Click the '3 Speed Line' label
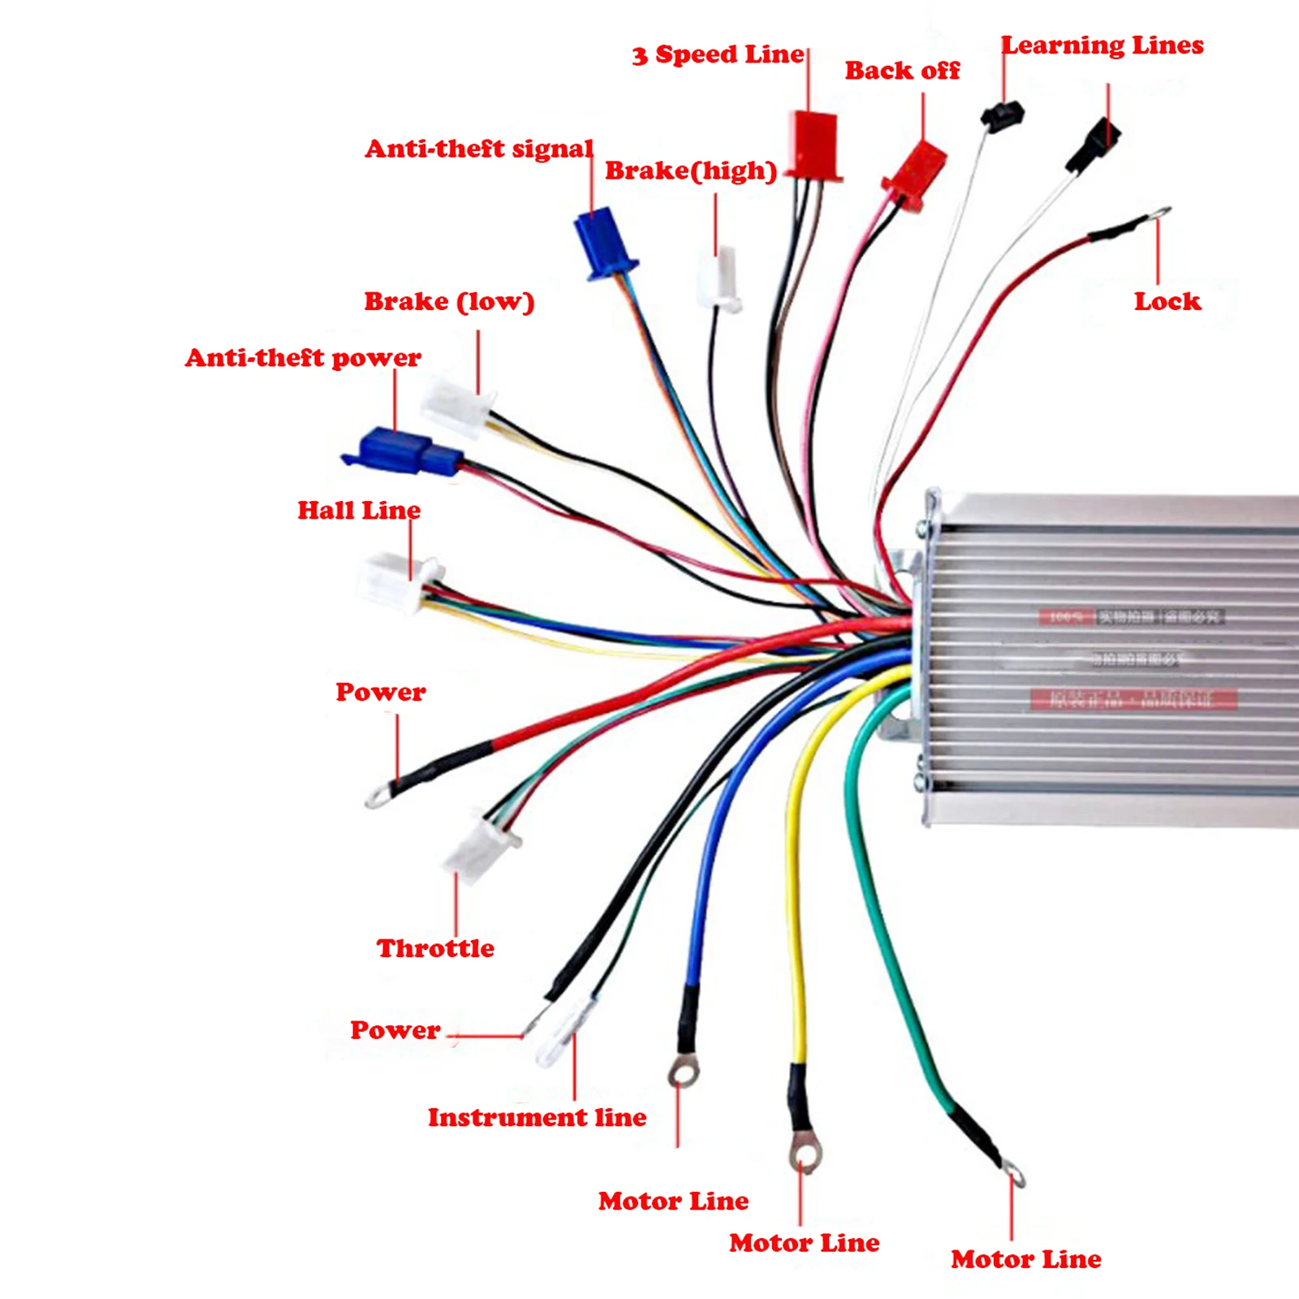pyautogui.click(x=718, y=54)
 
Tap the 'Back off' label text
pyautogui.click(x=902, y=71)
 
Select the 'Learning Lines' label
pyautogui.click(x=1102, y=45)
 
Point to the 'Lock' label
pyautogui.click(x=1167, y=301)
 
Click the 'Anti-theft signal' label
pyautogui.click(x=479, y=149)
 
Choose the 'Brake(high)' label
pyautogui.click(x=691, y=170)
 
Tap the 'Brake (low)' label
pyautogui.click(x=449, y=301)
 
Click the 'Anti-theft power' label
pyautogui.click(x=303, y=357)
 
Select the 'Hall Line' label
pyautogui.click(x=359, y=510)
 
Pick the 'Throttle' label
pyautogui.click(x=435, y=948)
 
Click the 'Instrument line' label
pyautogui.click(x=537, y=1117)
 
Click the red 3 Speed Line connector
pyautogui.click(x=813, y=145)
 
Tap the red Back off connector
pyautogui.click(x=916, y=174)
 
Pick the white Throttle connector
pyautogui.click(x=479, y=848)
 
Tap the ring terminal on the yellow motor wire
pyautogui.click(x=804, y=1151)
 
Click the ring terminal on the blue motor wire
pyautogui.click(x=684, y=1073)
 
